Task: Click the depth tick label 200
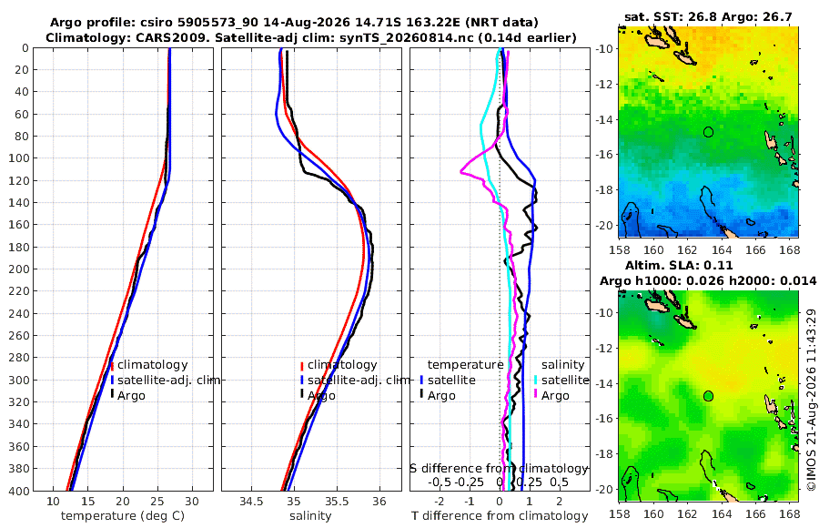[18, 269]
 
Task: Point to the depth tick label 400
[18, 491]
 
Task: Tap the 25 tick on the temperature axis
[157, 501]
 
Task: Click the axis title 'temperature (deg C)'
[123, 516]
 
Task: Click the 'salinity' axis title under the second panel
[310, 516]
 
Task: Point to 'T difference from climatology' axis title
[500, 516]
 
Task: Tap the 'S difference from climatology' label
[499, 468]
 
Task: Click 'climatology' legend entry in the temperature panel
[152, 365]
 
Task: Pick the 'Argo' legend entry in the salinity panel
[321, 396]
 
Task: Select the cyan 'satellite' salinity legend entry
[564, 380]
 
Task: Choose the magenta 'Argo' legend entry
[555, 396]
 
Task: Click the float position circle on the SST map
[708, 132]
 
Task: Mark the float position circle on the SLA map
[708, 396]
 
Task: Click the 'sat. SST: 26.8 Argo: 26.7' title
[708, 16]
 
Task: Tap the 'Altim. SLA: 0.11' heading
[679, 265]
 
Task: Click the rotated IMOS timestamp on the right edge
[811, 400]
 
